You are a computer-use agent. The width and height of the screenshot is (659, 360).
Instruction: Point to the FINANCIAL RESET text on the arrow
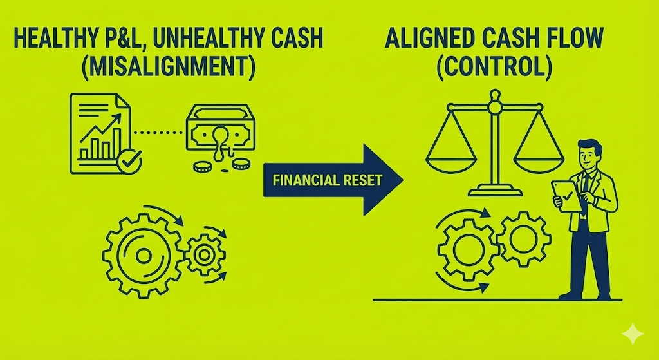(x=327, y=180)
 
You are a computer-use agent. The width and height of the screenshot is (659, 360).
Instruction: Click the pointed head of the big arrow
(x=383, y=180)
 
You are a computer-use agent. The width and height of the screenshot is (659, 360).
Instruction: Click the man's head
(x=589, y=155)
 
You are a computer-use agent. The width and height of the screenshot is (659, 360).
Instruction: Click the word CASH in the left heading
(x=301, y=41)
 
